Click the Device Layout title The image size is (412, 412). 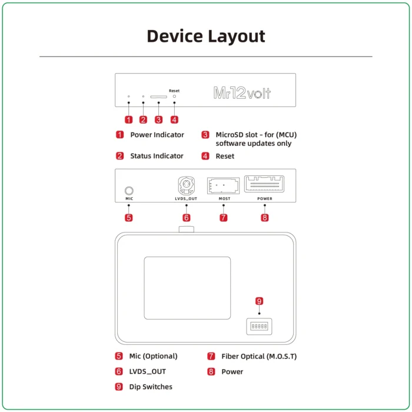[x=205, y=36]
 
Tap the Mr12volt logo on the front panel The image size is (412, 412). [x=242, y=93]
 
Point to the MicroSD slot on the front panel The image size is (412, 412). [x=158, y=97]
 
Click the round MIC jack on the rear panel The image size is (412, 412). [x=129, y=190]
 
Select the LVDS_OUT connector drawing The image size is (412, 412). [x=186, y=187]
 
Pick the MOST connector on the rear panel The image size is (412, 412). [x=224, y=185]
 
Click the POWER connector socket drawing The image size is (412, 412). [x=264, y=184]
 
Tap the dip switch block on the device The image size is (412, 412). [x=259, y=325]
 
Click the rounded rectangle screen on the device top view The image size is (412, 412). [x=187, y=288]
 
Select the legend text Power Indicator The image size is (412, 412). [x=157, y=135]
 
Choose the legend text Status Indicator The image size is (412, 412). [x=157, y=156]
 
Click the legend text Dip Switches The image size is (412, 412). [x=151, y=387]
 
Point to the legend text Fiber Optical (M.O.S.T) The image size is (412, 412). [x=259, y=356]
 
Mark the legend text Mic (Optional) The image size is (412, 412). [x=153, y=356]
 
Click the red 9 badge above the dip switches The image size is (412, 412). [x=259, y=301]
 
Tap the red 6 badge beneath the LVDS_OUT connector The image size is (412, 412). [x=187, y=217]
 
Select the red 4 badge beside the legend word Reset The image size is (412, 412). [x=205, y=156]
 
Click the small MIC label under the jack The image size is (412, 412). [x=129, y=199]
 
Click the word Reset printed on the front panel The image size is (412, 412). [x=174, y=91]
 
